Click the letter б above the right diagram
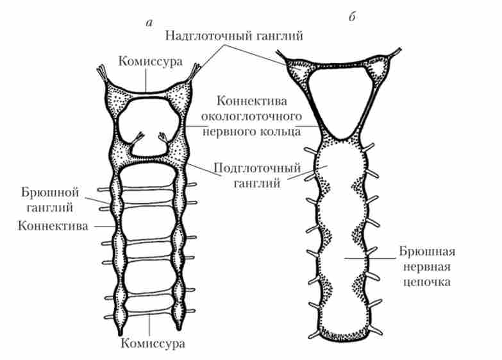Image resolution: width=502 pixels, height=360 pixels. [352, 18]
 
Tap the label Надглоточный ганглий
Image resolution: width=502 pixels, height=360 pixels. [234, 37]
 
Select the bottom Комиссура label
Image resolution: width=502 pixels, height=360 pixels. [152, 343]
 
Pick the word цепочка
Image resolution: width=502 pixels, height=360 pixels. [424, 282]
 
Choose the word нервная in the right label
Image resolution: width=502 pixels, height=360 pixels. [424, 267]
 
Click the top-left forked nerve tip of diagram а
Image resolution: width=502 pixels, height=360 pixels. [103, 69]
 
